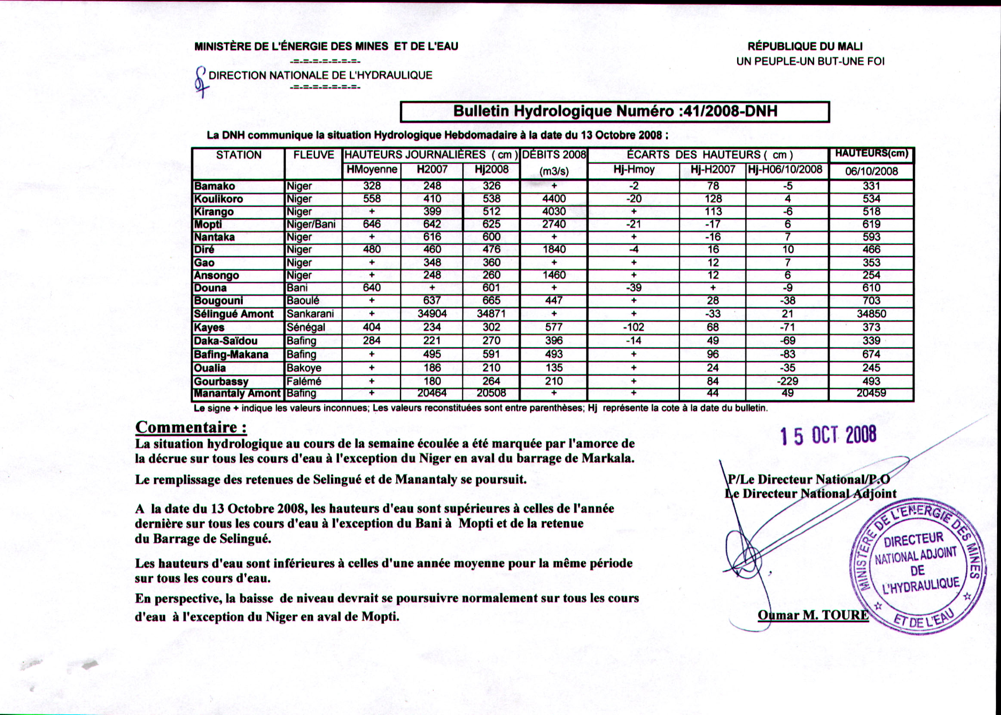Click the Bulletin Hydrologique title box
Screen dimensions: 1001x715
click(x=615, y=111)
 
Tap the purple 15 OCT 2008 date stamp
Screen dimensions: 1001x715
click(x=828, y=436)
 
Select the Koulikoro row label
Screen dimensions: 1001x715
click(x=219, y=199)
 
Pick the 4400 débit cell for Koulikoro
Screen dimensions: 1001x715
click(x=554, y=199)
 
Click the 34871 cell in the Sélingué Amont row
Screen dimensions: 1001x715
click(x=491, y=314)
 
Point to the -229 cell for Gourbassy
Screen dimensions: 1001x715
click(x=787, y=381)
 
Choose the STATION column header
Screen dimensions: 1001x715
click(x=238, y=155)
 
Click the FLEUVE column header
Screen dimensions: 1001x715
click(x=313, y=155)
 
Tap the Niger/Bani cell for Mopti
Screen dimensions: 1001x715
click(x=311, y=225)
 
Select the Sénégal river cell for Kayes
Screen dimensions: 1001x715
click(x=306, y=328)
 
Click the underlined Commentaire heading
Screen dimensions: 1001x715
click(x=191, y=427)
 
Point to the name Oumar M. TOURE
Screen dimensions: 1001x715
click(x=813, y=615)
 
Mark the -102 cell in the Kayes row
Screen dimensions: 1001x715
click(x=633, y=328)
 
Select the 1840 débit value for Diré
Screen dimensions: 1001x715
click(x=554, y=250)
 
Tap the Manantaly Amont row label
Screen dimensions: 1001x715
click(x=237, y=393)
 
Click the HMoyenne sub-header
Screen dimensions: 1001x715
click(x=372, y=170)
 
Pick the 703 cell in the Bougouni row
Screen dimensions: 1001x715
click(x=871, y=301)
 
